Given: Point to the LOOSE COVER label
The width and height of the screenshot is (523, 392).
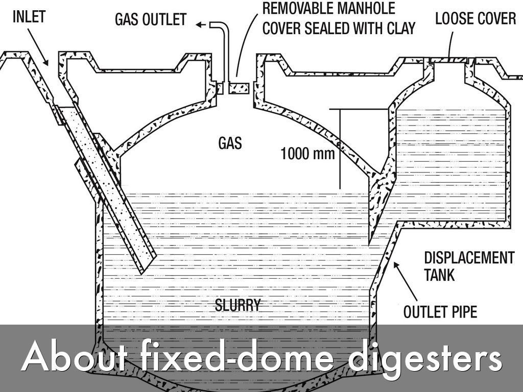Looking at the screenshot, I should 476,19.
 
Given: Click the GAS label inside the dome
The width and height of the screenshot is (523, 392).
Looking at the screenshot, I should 230,143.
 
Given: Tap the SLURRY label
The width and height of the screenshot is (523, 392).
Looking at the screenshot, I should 237,306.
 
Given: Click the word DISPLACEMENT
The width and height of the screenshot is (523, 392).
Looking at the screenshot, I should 469,258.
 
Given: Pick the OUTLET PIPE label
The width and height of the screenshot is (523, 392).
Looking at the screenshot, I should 440,311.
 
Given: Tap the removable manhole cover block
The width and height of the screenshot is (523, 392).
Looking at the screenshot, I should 239,88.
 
